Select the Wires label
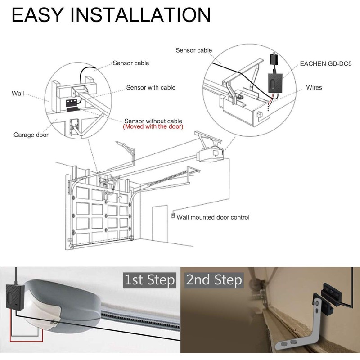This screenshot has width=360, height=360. pos(314,87)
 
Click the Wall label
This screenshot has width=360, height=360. pos(18,94)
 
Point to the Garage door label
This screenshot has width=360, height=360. pos(31,135)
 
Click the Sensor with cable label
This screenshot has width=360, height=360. pos(151,87)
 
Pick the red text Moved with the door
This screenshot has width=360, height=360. pos(153,127)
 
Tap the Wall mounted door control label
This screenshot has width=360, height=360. pos(213,217)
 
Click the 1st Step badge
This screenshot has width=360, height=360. pos(149,280)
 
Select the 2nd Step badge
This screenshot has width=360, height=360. pos(214,280)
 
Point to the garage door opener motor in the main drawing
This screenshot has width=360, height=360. pos(211,153)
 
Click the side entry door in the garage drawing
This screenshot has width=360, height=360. pos(160,225)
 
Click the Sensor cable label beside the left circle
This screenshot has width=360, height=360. pos(130,63)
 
